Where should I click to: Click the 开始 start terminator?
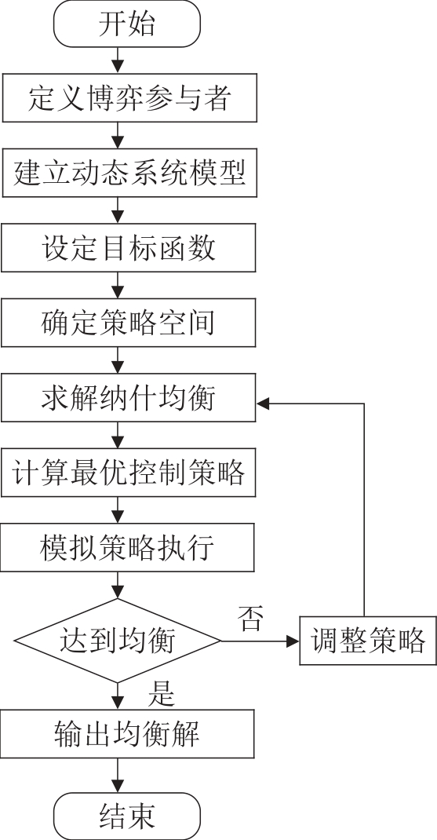point(127,24)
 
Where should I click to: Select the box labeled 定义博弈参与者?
point(129,98)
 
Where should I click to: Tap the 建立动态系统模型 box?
point(129,173)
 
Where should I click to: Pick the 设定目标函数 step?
point(129,247)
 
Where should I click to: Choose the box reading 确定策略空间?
point(129,323)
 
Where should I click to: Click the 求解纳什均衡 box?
point(129,397)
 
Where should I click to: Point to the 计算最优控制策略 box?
point(128,473)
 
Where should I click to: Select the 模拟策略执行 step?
point(127,547)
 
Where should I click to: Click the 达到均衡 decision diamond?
point(117,641)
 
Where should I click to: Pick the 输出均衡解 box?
point(127,734)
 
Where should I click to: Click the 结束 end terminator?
point(127,816)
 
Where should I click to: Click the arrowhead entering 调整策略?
point(293,641)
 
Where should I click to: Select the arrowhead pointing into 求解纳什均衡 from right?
point(263,404)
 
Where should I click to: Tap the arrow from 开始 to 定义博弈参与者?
point(117,60)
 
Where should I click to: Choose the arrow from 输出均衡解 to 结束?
point(117,775)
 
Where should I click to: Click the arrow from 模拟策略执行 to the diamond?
point(117,585)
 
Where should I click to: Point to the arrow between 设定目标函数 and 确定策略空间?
point(117,285)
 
